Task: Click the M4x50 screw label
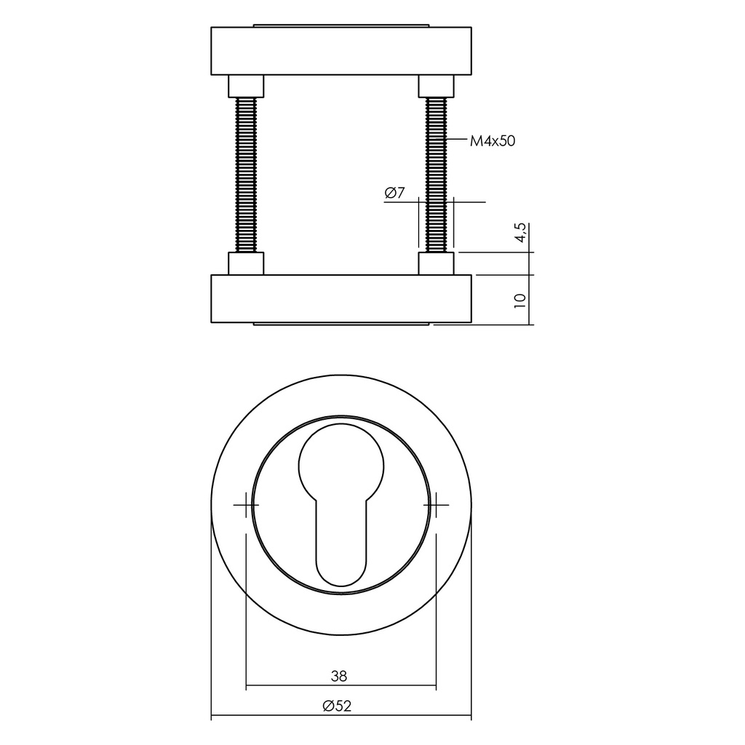(492, 141)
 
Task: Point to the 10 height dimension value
(519, 300)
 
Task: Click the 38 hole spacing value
(339, 676)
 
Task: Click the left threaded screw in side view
(246, 175)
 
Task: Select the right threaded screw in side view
(436, 175)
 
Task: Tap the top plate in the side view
(340, 51)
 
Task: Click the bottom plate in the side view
(340, 298)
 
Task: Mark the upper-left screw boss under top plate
(246, 87)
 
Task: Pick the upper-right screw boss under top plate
(436, 87)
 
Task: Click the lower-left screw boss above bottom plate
(246, 263)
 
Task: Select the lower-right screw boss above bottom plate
(436, 263)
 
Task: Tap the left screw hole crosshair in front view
(246, 504)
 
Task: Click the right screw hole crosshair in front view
(437, 504)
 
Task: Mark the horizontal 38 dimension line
(291, 686)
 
